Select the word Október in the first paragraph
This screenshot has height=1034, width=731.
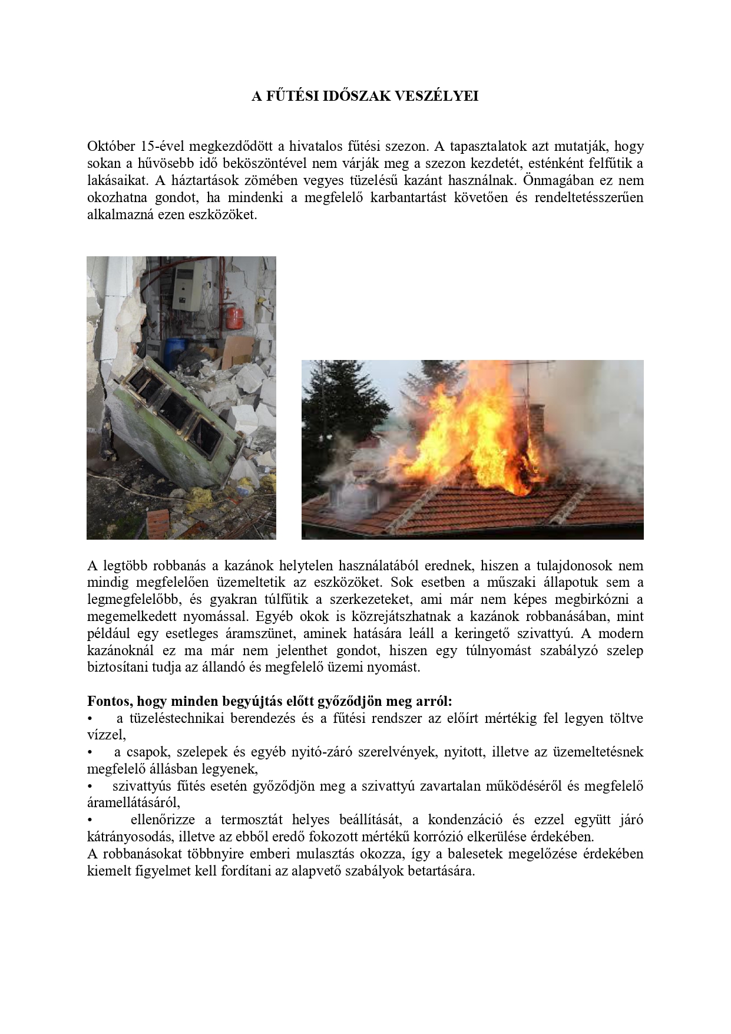point(110,146)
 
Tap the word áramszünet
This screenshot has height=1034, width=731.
point(263,634)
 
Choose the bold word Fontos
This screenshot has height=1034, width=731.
point(110,702)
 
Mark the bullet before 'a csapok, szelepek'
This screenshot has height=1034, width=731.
point(90,752)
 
